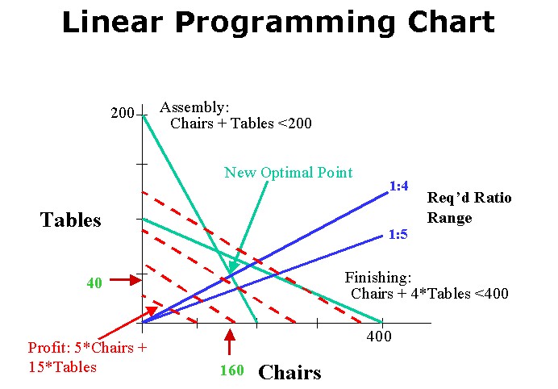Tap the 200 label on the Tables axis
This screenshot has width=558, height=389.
tap(122, 113)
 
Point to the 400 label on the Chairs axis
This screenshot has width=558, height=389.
tap(379, 336)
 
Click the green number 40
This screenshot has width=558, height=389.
tap(94, 282)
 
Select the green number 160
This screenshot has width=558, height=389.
tap(232, 370)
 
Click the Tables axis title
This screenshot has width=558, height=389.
tap(70, 220)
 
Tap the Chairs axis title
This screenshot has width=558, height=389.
tap(289, 372)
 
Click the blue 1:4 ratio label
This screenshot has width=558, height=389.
tap(399, 186)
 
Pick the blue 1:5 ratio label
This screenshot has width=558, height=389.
tap(398, 234)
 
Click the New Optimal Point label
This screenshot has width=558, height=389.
tap(288, 173)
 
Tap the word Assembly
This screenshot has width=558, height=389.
tap(194, 107)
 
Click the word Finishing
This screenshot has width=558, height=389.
tap(378, 277)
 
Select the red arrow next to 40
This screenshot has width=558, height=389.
tap(126, 280)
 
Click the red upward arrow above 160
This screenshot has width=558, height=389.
tap(230, 342)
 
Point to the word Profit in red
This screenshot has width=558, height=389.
tap(50, 347)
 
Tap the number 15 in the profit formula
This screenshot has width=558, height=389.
tap(36, 367)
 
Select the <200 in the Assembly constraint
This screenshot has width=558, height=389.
tap(294, 123)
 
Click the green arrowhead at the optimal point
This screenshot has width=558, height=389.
tap(233, 266)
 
